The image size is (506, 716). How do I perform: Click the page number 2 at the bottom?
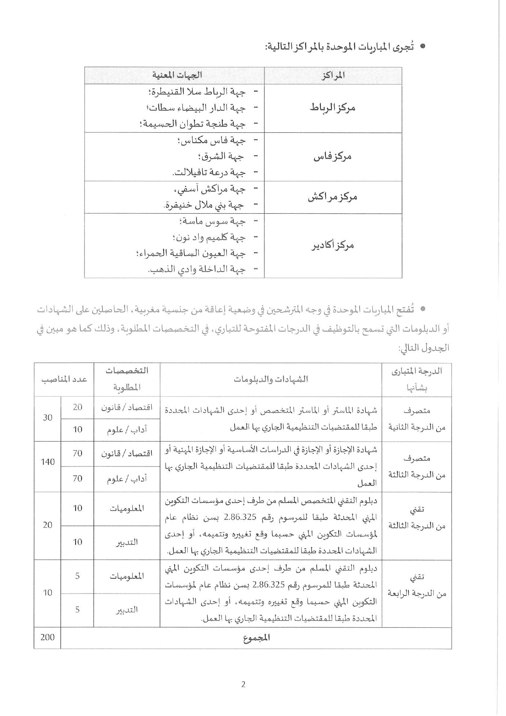[243, 685]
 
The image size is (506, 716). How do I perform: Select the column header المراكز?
[333, 75]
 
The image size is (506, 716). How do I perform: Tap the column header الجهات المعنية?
[177, 75]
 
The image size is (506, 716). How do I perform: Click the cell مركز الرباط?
[333, 108]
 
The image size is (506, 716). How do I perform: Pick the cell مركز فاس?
[333, 156]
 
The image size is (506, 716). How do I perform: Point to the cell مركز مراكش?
[333, 197]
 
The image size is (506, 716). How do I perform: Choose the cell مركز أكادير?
[333, 245]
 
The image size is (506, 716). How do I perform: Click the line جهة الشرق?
[221, 156]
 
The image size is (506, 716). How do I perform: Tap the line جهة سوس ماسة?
[212, 221]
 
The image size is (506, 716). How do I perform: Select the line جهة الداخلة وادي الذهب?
[196, 270]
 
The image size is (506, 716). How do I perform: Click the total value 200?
[47, 637]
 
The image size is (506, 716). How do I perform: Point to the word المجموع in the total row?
[257, 638]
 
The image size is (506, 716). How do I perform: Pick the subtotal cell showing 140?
[47, 462]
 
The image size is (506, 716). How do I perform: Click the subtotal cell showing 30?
[47, 417]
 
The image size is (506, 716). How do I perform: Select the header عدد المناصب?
[64, 379]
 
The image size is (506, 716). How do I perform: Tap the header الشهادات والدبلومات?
[271, 379]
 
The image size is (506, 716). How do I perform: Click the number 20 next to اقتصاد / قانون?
[77, 407]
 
